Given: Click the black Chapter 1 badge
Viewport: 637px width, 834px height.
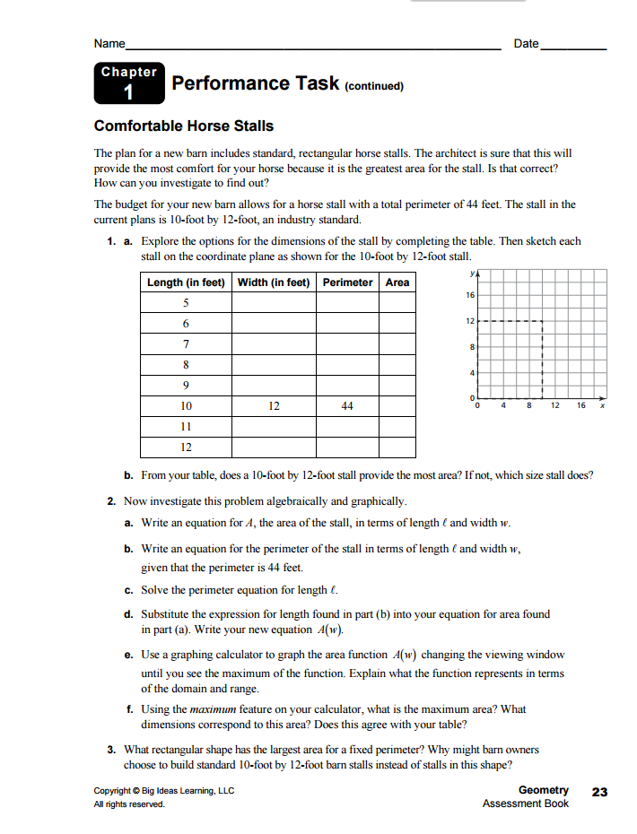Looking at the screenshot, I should click(x=128, y=83).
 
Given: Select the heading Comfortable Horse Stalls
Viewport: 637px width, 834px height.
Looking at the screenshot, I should click(x=184, y=126).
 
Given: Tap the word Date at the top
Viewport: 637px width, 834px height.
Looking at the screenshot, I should click(x=526, y=44).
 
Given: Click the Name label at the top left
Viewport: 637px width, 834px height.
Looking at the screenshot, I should click(x=109, y=44).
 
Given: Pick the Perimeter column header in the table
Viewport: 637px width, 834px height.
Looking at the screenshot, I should click(x=347, y=282).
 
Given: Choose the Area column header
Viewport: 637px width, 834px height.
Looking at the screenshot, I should click(x=397, y=282).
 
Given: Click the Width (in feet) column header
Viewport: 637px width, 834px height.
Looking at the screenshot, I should click(x=274, y=282).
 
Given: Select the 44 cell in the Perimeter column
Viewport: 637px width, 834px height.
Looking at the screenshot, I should click(x=347, y=406).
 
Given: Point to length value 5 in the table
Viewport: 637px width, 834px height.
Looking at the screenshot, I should click(x=186, y=303).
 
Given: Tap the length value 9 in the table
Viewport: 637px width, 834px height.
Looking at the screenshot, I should click(x=186, y=386).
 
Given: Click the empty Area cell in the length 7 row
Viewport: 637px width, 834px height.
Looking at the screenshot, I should click(x=397, y=344).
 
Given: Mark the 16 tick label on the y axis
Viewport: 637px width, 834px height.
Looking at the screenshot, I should click(x=469, y=295).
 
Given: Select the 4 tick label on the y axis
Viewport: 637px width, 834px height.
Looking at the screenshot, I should click(x=471, y=372).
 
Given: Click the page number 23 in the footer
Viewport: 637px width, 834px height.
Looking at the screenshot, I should click(x=599, y=791).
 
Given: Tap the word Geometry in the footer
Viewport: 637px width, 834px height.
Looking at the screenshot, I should click(x=543, y=790).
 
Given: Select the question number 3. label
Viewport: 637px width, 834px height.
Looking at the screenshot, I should click(x=110, y=750).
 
